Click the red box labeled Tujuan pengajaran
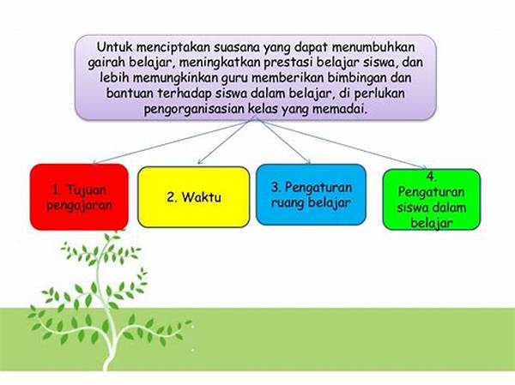tap(79, 197)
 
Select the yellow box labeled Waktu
tap(194, 197)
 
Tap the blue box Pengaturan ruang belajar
tap(311, 195)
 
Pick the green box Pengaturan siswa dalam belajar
tap(432, 200)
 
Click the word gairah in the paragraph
tap(106, 63)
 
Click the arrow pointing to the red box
tap(171, 142)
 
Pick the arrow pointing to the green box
tap(342, 143)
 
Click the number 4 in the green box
tap(431, 177)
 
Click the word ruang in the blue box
tap(288, 203)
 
